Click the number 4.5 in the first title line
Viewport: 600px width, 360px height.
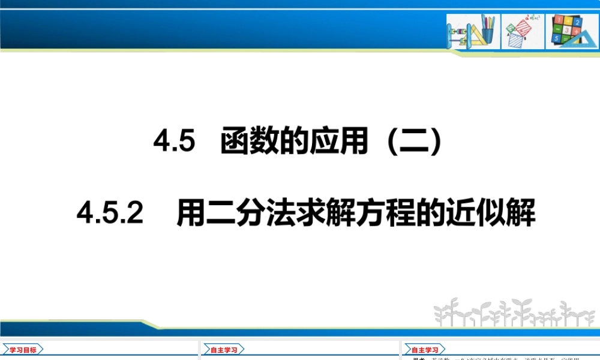click(x=175, y=143)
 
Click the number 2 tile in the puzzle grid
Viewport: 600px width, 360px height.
click(x=577, y=23)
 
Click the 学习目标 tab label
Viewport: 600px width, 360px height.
click(x=24, y=350)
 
